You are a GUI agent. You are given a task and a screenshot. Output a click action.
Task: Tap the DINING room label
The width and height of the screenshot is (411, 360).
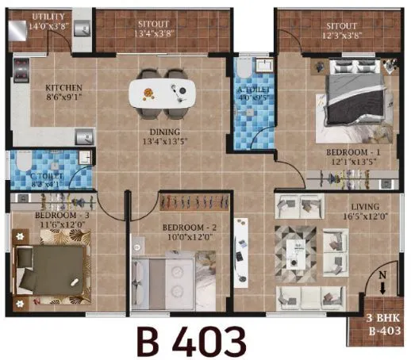coord(167,132)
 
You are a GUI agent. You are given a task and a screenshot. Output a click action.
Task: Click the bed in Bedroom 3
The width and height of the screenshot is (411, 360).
coord(49,265)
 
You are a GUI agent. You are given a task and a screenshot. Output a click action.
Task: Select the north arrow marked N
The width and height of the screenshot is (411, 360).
coord(383,285)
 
